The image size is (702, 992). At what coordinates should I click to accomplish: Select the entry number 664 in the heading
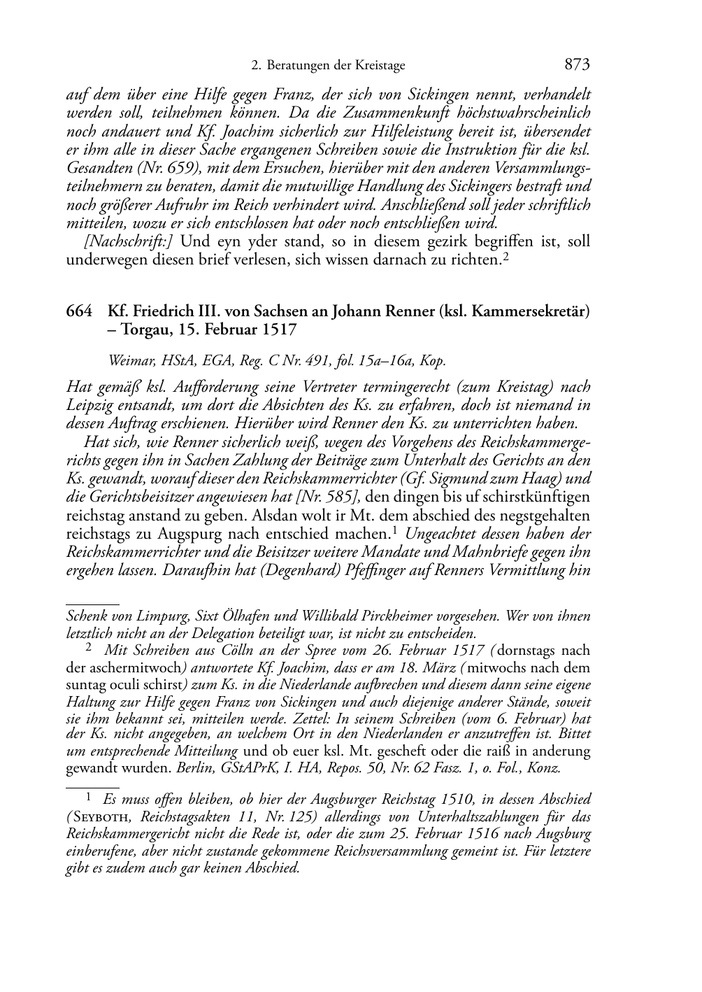79,311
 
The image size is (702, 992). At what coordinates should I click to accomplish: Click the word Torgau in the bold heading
142,330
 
